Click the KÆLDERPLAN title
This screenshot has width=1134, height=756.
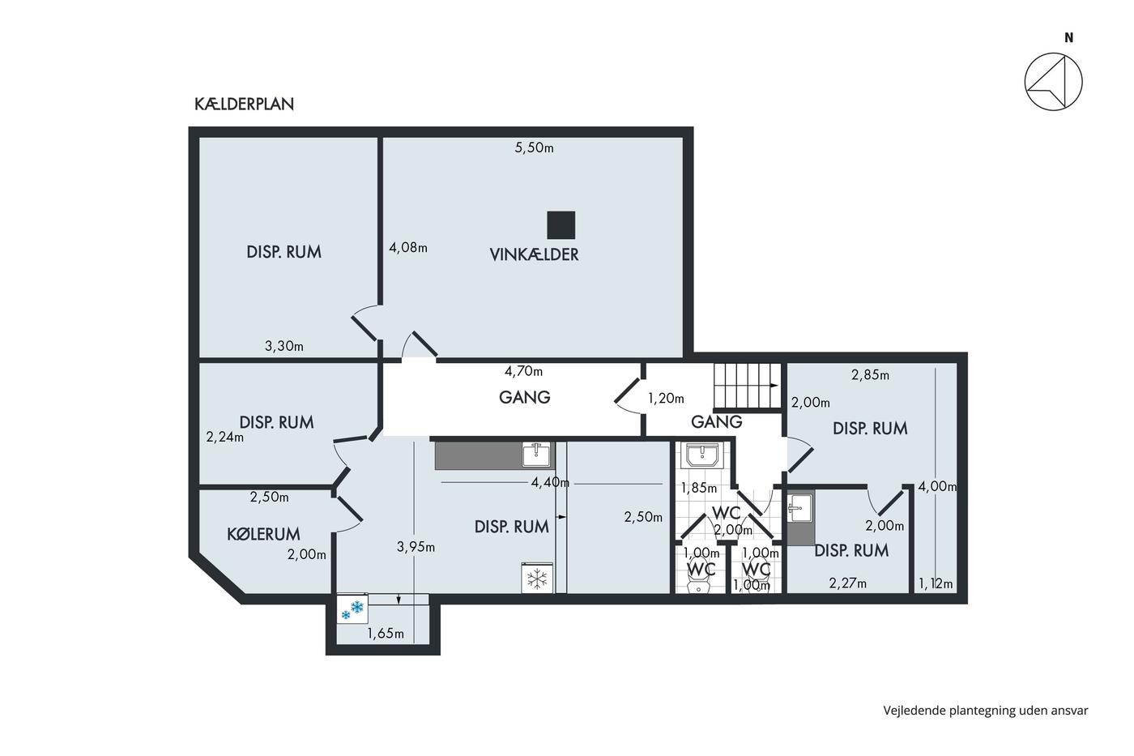point(244,105)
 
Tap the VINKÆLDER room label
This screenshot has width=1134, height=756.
point(534,254)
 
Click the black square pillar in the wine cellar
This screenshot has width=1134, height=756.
point(561,224)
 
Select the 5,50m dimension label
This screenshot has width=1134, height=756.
point(534,147)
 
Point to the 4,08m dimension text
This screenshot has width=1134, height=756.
point(408,248)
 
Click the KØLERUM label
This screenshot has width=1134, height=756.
point(263,534)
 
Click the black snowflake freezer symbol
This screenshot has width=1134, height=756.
point(536,579)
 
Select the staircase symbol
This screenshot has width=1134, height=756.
point(747,386)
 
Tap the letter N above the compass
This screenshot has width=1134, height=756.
point(1068,38)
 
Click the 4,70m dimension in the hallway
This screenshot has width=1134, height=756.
point(523,372)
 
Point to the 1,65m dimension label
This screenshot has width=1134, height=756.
point(386,634)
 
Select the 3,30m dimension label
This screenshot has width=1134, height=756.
point(284,346)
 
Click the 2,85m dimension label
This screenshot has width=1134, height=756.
point(870,375)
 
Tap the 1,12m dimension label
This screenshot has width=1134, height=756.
point(936,584)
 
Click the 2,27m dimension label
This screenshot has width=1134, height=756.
point(847,584)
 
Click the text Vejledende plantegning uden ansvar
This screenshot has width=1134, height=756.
point(986,711)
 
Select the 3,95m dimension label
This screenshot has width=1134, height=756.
point(416,547)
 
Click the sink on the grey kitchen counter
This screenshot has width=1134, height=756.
point(536,455)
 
